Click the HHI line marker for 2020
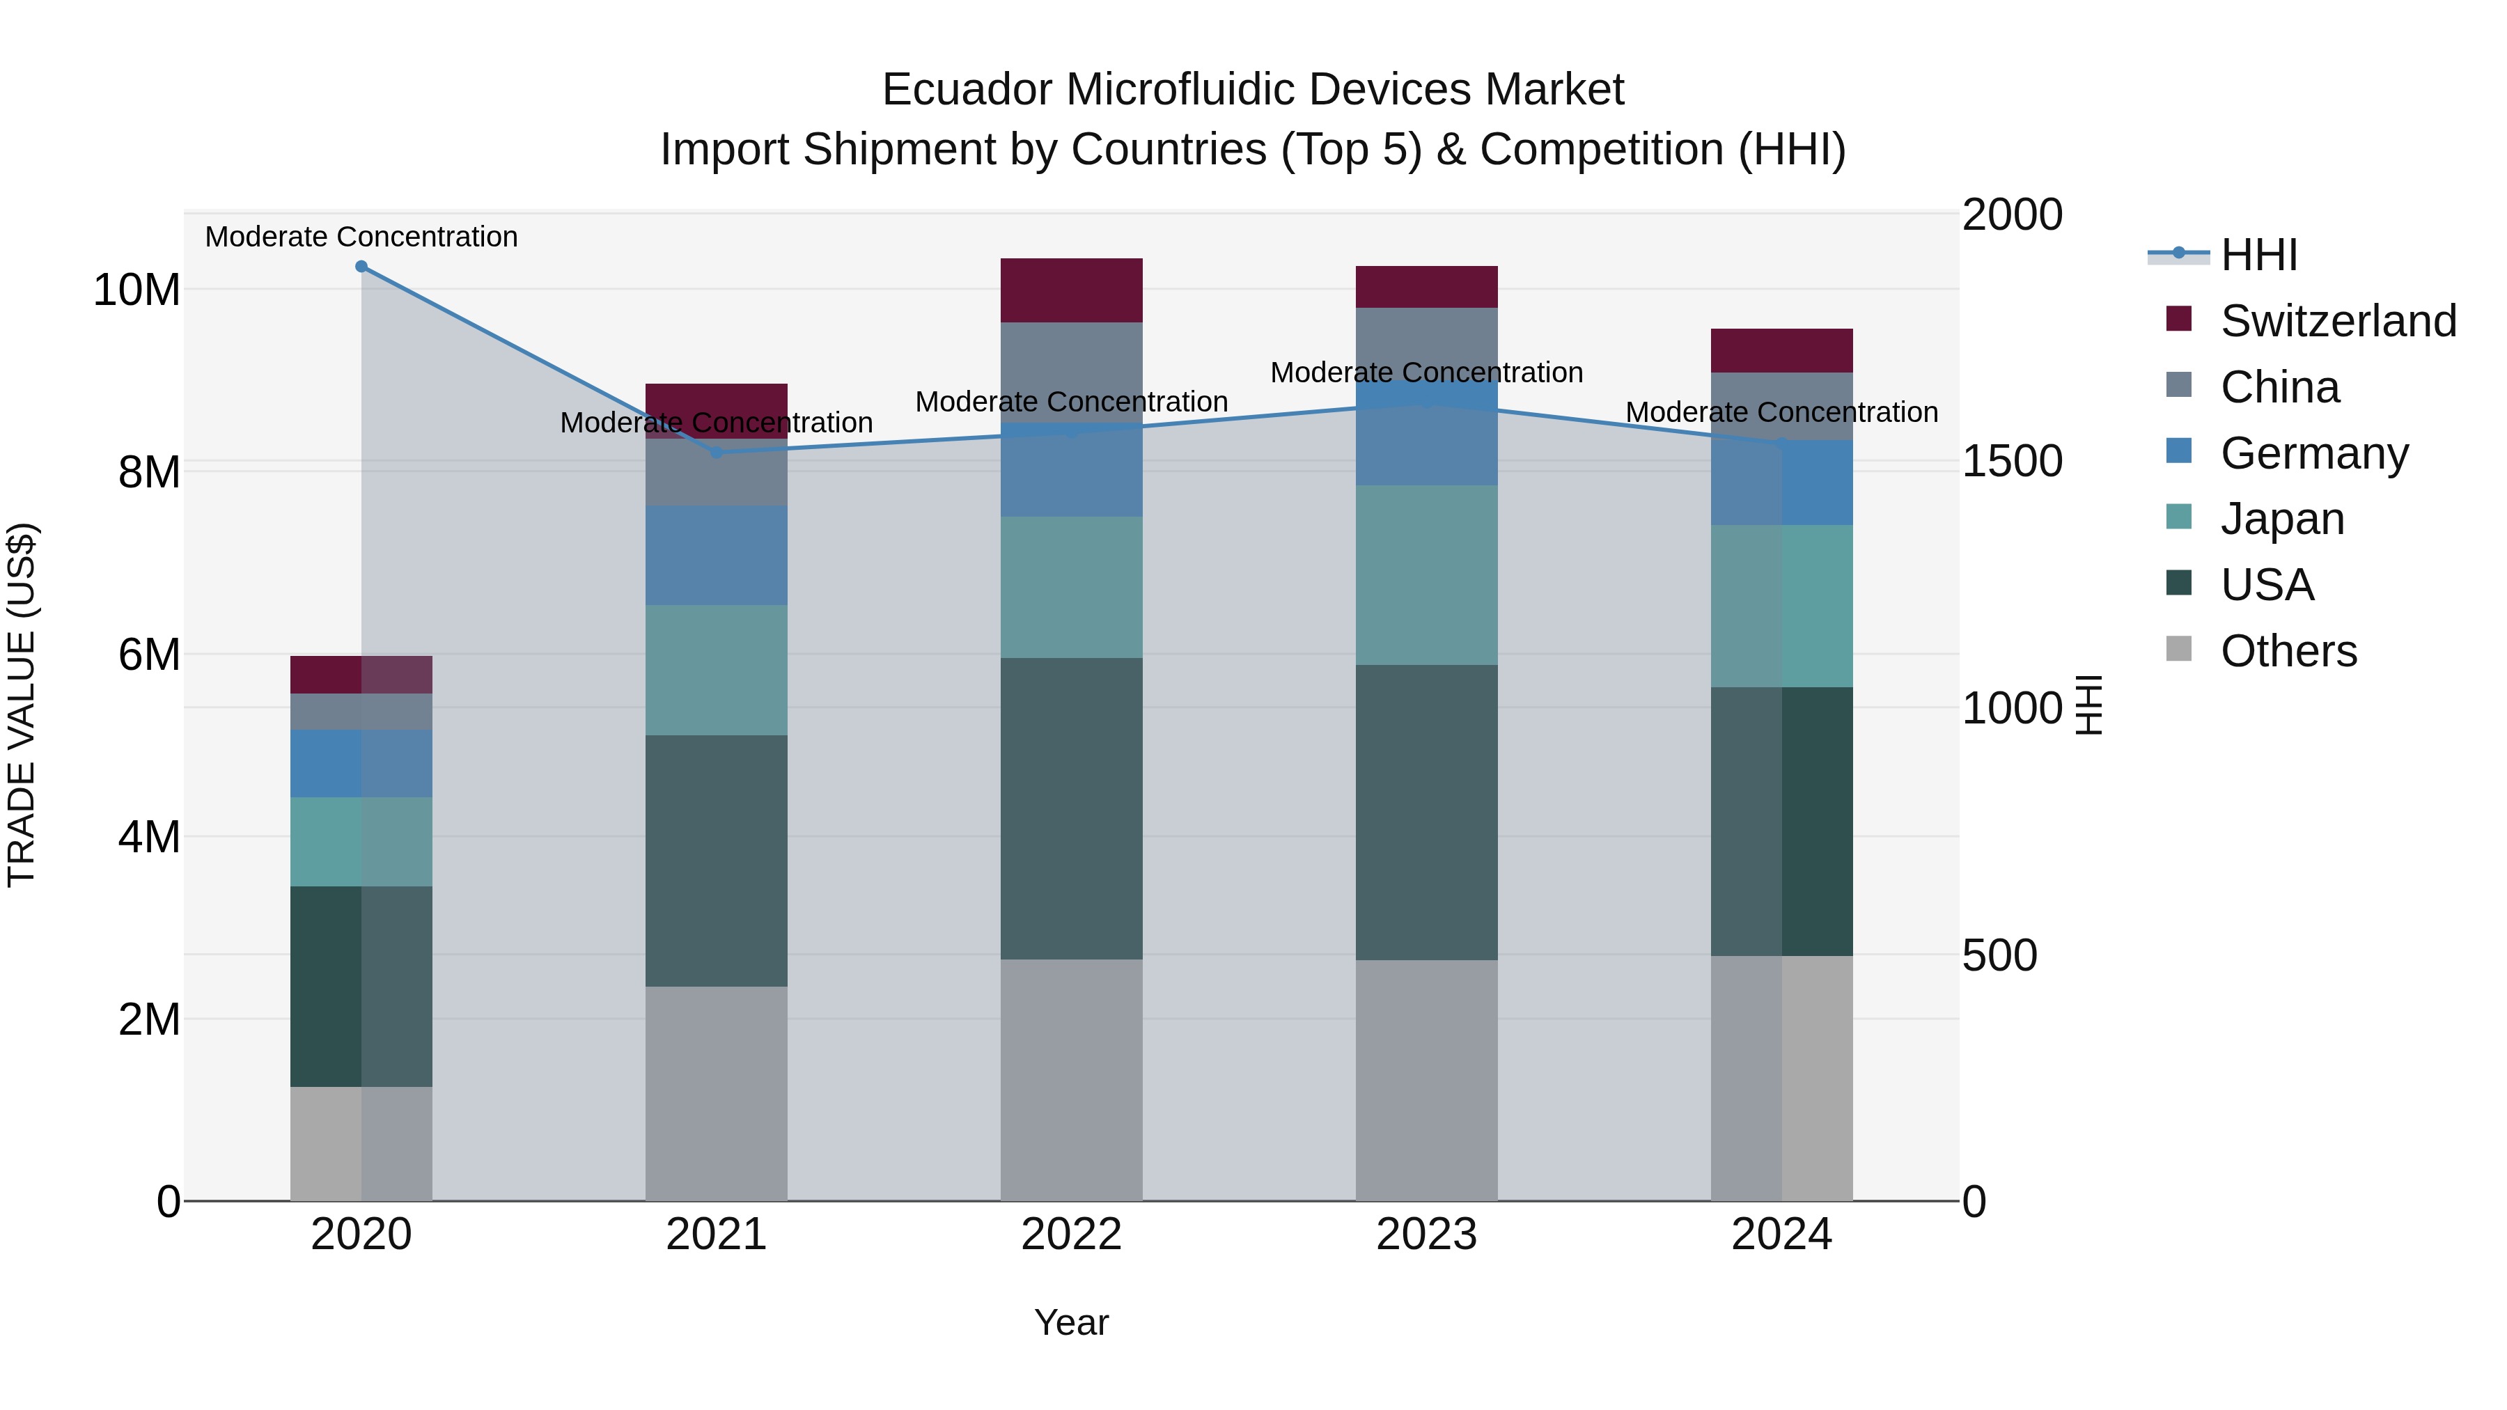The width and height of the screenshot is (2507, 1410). [x=361, y=267]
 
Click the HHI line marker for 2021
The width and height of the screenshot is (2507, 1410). [x=717, y=453]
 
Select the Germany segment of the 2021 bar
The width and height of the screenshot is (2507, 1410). [x=717, y=555]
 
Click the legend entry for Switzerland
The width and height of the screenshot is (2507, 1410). [x=2338, y=321]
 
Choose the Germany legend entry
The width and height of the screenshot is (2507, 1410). [x=2313, y=453]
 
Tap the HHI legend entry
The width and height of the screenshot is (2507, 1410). [x=2258, y=255]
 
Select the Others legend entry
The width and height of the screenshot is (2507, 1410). [x=2288, y=651]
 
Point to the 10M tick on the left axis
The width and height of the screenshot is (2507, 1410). [x=136, y=290]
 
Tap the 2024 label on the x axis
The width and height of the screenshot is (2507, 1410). [x=1781, y=1235]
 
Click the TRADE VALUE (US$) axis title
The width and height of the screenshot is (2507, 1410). [x=22, y=705]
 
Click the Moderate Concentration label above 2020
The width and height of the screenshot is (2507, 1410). [x=361, y=237]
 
